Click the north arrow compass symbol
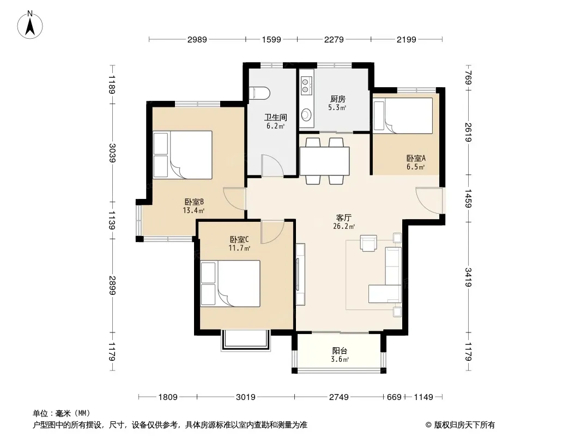coord(30,25)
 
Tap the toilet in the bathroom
coord(261,93)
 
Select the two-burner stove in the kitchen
coord(305,85)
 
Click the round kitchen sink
coord(306,115)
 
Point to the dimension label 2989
coord(197,39)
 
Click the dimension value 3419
coord(468,277)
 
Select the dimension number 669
coord(394,397)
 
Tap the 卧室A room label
coord(416,158)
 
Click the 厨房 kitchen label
coord(337,99)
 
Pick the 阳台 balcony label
coord(340,350)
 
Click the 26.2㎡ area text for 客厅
coord(344,226)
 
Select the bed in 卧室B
coord(182,155)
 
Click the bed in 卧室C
coord(230,283)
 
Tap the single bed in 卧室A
coord(403,116)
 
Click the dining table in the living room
coord(325,161)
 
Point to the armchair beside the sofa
coord(368,243)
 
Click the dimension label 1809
coord(168,397)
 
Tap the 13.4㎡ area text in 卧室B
coord(193,211)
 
